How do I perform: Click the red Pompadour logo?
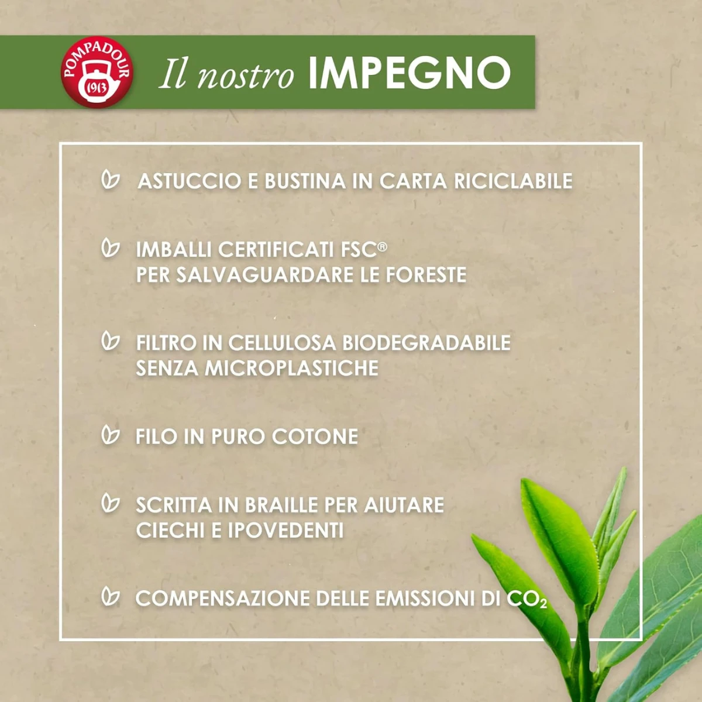(97, 72)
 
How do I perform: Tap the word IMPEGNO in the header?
(409, 73)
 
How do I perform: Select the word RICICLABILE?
(513, 181)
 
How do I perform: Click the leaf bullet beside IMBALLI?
(111, 248)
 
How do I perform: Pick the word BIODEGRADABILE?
(426, 343)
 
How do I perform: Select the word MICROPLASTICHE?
(291, 369)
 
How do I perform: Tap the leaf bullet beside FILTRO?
(111, 341)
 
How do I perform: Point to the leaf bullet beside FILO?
(111, 434)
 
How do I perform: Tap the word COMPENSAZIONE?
(222, 598)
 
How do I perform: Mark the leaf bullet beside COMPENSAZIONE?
(111, 596)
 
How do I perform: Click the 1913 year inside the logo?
(97, 88)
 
